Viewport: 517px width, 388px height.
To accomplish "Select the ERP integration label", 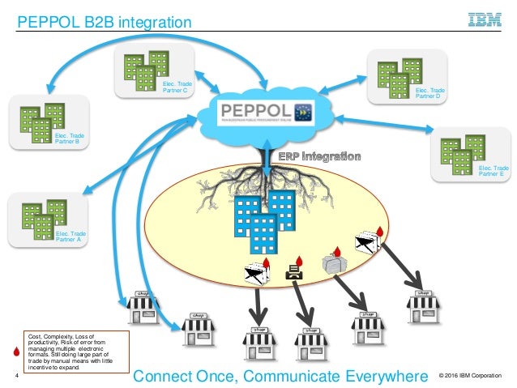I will (x=319, y=156).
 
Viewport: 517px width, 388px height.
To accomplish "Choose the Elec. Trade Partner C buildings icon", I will (x=145, y=70).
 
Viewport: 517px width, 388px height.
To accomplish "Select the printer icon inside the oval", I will (x=293, y=275).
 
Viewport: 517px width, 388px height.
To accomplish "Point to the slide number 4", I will (x=16, y=376).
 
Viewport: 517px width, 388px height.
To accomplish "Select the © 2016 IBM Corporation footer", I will (x=469, y=376).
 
